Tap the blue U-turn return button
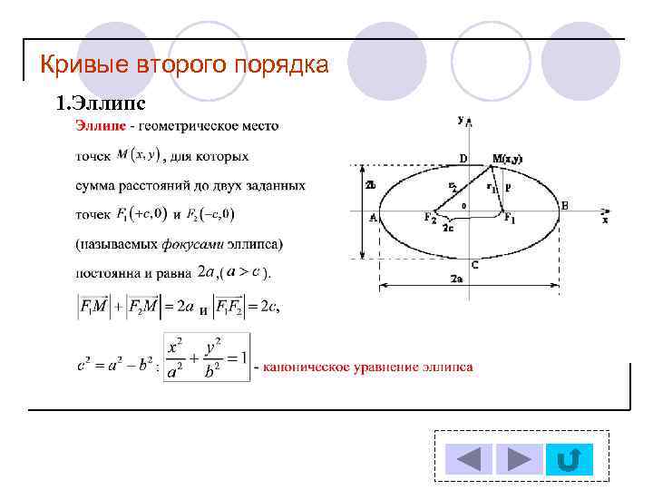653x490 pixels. pos(568,459)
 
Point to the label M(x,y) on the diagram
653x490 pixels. pos(507,159)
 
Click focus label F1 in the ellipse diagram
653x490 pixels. pos(510,219)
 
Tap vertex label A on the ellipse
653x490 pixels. pos(373,217)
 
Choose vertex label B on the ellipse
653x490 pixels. pos(564,207)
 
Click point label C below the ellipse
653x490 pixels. pos(474,263)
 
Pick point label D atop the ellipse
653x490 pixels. pos(463,159)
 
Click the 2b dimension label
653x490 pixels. pos(370,185)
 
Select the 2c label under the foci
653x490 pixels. pos(448,229)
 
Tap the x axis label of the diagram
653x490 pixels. pos(604,220)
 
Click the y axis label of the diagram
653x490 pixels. pos(462,119)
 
